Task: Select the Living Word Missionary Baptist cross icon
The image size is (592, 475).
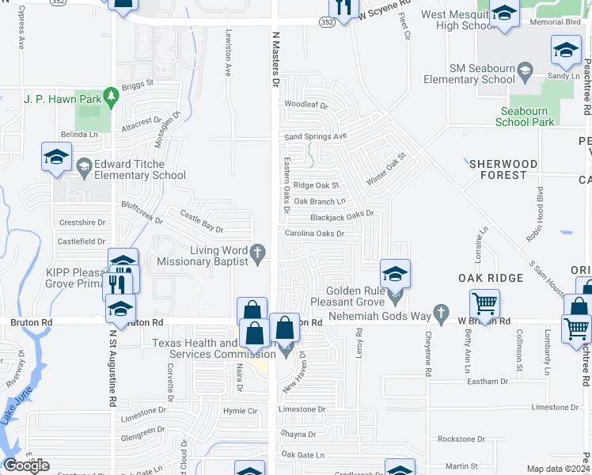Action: [256, 252]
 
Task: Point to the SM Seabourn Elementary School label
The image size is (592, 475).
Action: [469, 74]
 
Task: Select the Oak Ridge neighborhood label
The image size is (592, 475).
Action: [491, 278]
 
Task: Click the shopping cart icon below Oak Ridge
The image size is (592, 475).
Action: [484, 304]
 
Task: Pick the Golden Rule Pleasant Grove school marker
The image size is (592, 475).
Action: [395, 275]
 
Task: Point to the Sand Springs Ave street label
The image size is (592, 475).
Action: [316, 136]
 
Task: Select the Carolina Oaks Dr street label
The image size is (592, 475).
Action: [314, 234]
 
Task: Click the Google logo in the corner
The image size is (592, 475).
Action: [26, 465]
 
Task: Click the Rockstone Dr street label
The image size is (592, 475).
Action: [461, 439]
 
